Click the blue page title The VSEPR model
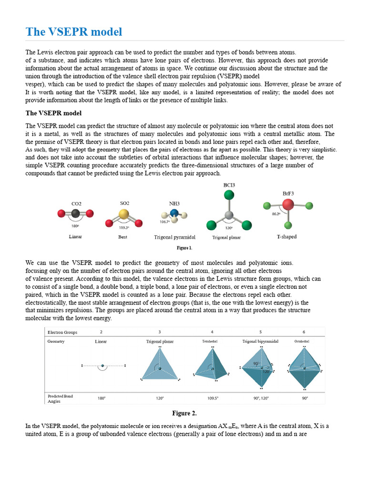74,32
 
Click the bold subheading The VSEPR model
53,113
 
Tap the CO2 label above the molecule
76,203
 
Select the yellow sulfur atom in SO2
124,214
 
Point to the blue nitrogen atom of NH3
174,213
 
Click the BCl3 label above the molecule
229,184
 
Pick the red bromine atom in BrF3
288,205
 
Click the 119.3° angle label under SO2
124,227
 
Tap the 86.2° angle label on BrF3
275,214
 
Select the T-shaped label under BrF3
287,236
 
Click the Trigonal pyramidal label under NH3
174,237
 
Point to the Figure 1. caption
184,248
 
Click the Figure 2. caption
184,413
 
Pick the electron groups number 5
260,331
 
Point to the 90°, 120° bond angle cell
260,398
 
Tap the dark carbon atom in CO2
75,213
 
